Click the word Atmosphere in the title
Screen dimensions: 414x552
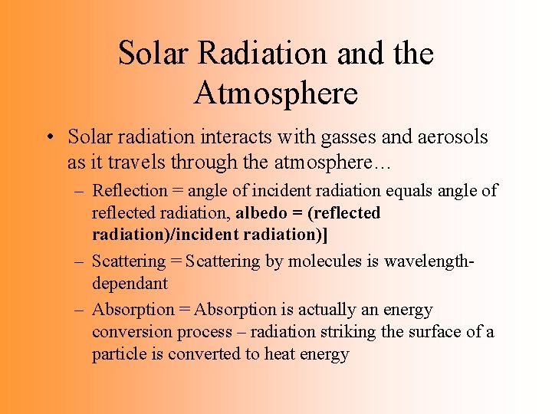(276, 93)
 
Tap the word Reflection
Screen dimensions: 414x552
(129, 190)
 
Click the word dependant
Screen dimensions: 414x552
(130, 284)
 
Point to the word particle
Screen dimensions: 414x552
(118, 354)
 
